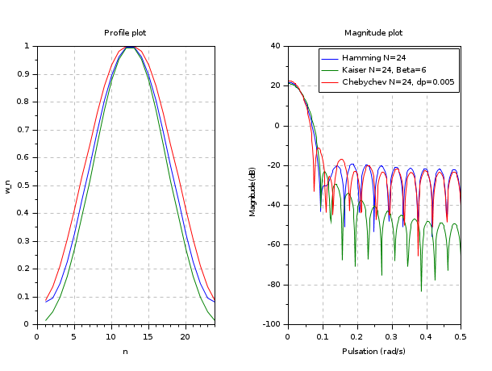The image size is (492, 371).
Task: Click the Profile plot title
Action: (x=125, y=33)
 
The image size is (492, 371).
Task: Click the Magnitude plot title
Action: (x=373, y=33)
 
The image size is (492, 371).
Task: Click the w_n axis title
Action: (x=9, y=185)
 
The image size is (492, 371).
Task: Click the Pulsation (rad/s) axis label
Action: (x=373, y=351)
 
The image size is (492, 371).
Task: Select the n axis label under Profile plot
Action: (x=125, y=351)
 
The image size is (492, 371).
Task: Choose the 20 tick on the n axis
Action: (x=186, y=336)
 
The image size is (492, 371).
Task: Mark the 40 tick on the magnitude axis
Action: (x=276, y=46)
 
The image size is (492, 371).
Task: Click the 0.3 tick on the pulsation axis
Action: (x=391, y=336)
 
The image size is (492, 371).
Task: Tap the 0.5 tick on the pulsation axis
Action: (x=461, y=336)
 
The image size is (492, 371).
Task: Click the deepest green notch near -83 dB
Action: (x=421, y=290)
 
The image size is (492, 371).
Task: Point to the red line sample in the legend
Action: (x=330, y=82)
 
